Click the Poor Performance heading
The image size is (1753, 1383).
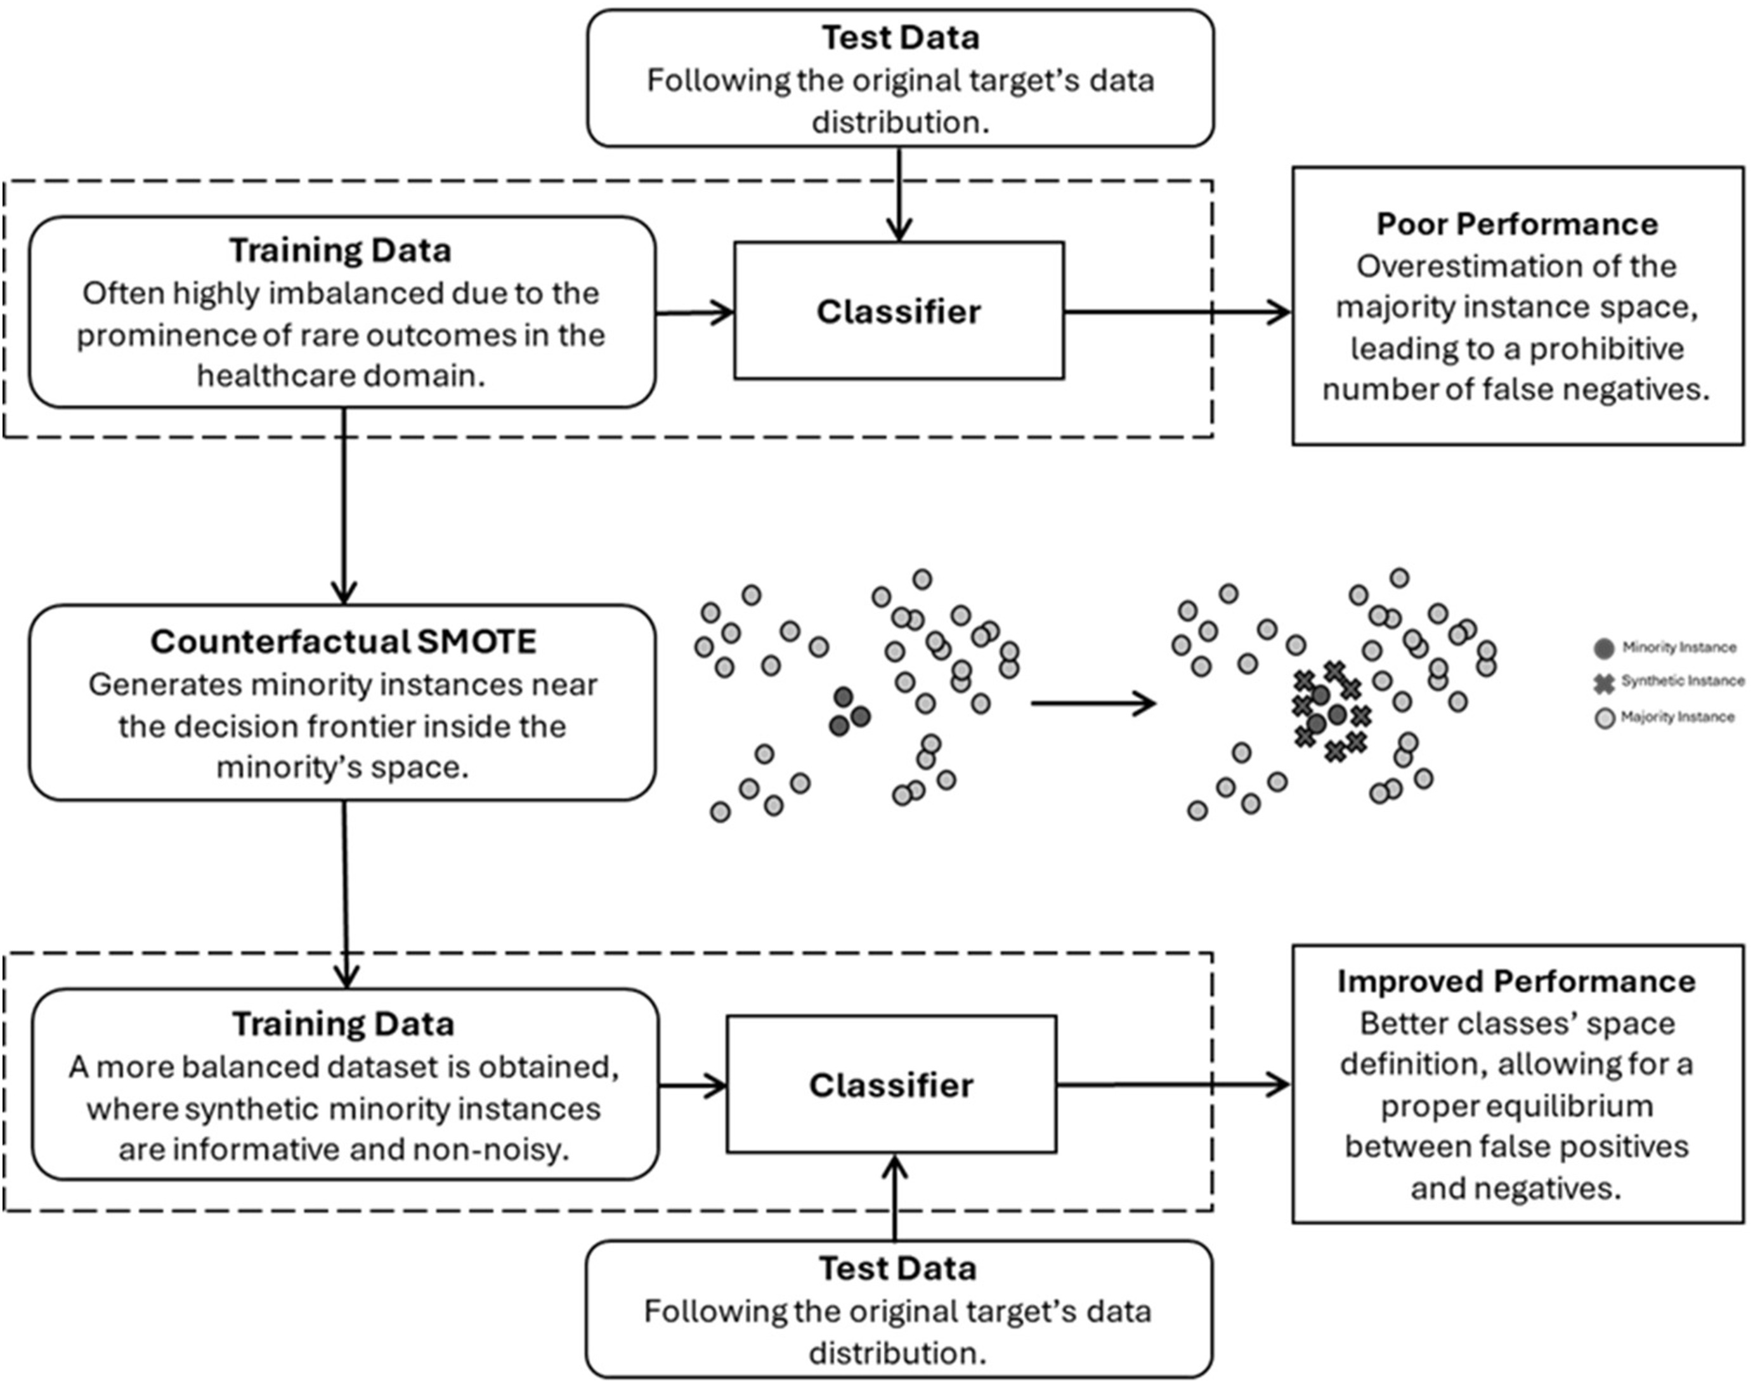pyautogui.click(x=1516, y=225)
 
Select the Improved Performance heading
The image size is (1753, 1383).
pyautogui.click(x=1516, y=981)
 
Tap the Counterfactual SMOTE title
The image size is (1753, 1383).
pyautogui.click(x=343, y=642)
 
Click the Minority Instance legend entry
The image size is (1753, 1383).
pyautogui.click(x=1668, y=648)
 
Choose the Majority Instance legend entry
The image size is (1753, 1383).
pyautogui.click(x=1667, y=718)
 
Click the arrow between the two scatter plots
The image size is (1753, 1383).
pyautogui.click(x=1093, y=703)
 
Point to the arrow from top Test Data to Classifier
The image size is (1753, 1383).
pyautogui.click(x=899, y=194)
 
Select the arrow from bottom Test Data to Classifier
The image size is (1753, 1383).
pyautogui.click(x=894, y=1196)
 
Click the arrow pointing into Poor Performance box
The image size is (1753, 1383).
pyautogui.click(x=1178, y=311)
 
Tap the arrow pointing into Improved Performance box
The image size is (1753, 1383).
pyautogui.click(x=1173, y=1085)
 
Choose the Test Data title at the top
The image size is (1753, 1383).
pyautogui.click(x=900, y=38)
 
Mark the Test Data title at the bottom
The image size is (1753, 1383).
pyautogui.click(x=897, y=1269)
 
